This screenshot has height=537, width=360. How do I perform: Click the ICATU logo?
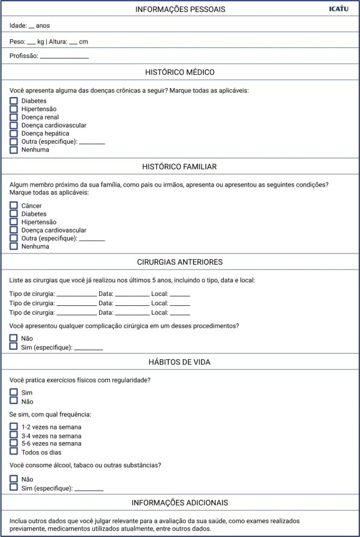(339, 8)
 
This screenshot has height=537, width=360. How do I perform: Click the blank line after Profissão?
(64, 57)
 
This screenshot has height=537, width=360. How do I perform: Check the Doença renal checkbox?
(14, 117)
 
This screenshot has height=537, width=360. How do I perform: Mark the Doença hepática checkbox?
(14, 134)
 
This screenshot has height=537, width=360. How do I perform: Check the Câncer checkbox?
(14, 206)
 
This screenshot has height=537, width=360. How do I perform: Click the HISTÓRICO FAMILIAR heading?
(179, 167)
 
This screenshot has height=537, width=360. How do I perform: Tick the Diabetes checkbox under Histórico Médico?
(14, 101)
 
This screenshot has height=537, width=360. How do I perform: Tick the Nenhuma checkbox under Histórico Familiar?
(14, 246)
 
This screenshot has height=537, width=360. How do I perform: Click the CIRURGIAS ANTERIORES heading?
(180, 262)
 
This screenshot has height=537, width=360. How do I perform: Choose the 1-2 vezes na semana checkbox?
(14, 427)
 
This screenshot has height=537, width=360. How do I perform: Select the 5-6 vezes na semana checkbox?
(14, 444)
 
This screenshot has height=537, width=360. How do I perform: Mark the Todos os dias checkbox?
(14, 452)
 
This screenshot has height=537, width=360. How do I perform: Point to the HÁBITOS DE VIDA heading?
(180, 362)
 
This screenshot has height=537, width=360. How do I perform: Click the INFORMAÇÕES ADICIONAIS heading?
(180, 503)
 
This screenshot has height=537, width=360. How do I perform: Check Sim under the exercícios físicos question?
(14, 393)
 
